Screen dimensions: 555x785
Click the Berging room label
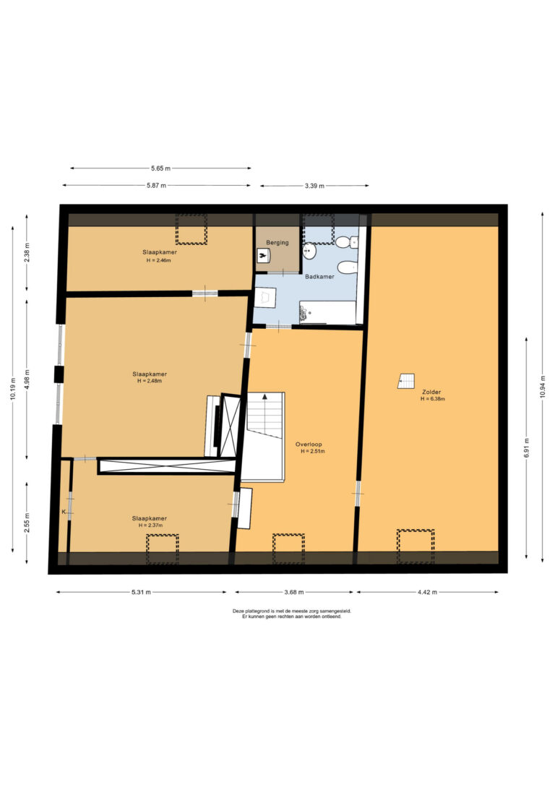(x=277, y=243)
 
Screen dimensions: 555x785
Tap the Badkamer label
(x=320, y=276)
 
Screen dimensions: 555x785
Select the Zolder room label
(x=431, y=392)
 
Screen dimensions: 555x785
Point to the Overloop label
(x=309, y=444)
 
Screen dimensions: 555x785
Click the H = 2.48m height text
(x=150, y=381)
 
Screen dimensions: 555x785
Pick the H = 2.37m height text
(x=150, y=526)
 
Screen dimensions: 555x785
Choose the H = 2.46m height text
(x=159, y=260)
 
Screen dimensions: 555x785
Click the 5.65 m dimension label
(x=160, y=168)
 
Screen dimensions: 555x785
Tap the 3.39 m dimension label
(x=314, y=186)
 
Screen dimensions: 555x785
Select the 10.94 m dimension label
(x=543, y=387)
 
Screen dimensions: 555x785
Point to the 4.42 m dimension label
(x=427, y=592)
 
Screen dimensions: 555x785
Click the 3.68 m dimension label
(x=294, y=592)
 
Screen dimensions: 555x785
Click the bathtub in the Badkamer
(x=328, y=312)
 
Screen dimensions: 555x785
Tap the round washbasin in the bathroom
(x=310, y=250)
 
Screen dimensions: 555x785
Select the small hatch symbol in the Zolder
(x=406, y=381)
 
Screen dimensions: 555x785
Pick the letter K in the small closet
(x=64, y=512)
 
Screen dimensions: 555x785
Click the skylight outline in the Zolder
(x=416, y=546)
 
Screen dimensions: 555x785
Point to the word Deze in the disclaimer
(x=237, y=611)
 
